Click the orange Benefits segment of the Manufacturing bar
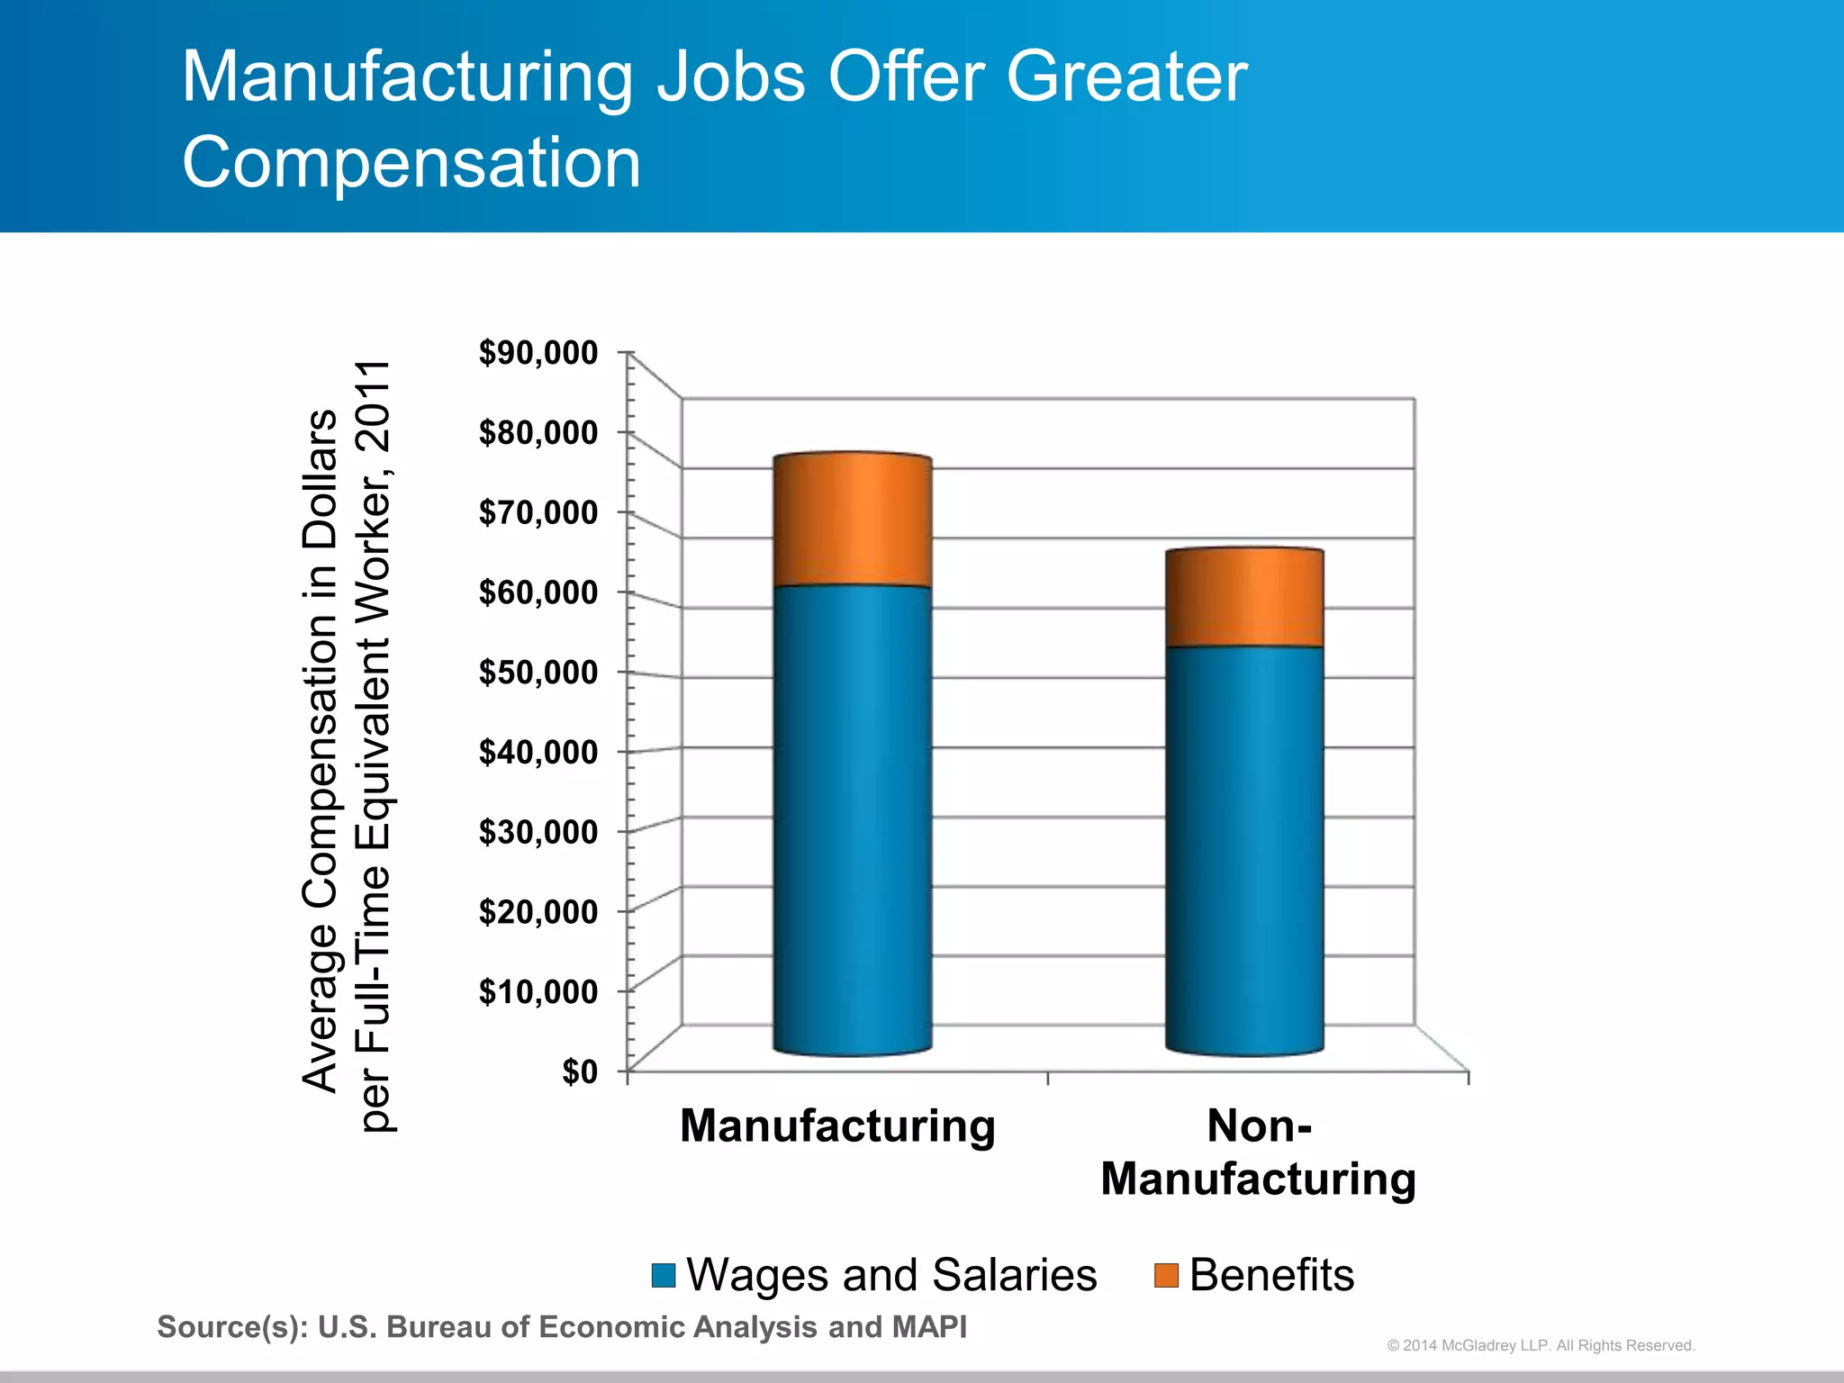point(853,520)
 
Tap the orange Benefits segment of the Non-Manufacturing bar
point(1244,598)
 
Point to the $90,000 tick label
point(538,353)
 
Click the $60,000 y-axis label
point(538,592)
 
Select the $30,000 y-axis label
point(538,832)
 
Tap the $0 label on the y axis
point(580,1071)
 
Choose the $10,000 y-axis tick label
point(538,991)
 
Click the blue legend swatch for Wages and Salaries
point(664,1276)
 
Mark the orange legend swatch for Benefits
point(1166,1276)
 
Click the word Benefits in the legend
point(1271,1275)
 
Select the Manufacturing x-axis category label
point(837,1125)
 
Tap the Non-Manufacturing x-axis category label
point(1259,1152)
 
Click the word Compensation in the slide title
point(411,162)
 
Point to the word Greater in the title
point(1126,77)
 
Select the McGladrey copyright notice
point(1541,1345)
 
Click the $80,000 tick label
point(538,433)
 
